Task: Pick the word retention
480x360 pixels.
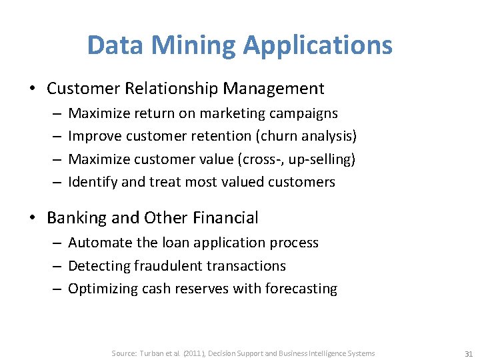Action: coord(221,137)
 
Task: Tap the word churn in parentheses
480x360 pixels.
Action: coord(279,137)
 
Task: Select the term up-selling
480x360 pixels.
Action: coord(321,159)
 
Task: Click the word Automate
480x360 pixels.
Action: coord(97,243)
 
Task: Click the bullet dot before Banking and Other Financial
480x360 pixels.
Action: coord(37,219)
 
